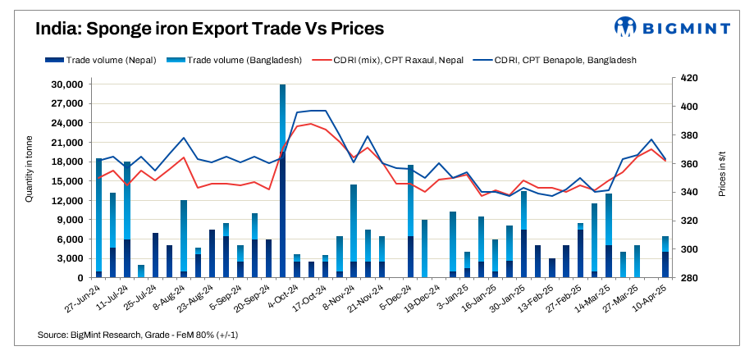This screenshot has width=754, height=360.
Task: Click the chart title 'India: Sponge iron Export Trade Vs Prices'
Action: [209, 29]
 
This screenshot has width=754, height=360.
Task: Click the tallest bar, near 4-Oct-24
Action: [283, 180]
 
